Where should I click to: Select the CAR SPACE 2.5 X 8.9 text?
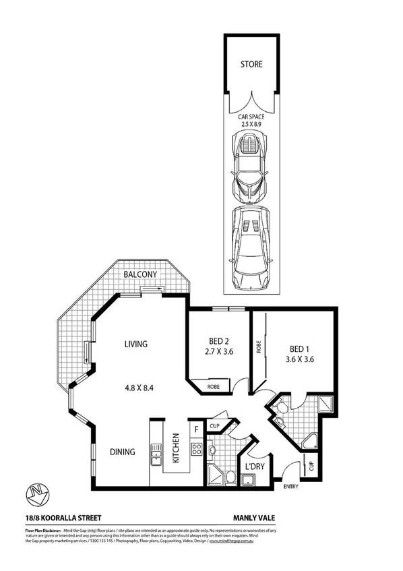251,120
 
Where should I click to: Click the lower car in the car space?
251,246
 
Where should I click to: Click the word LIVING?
135,344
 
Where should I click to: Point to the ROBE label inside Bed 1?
258,346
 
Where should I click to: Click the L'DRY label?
254,467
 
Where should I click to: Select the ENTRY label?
290,487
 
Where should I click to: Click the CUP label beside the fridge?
216,426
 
